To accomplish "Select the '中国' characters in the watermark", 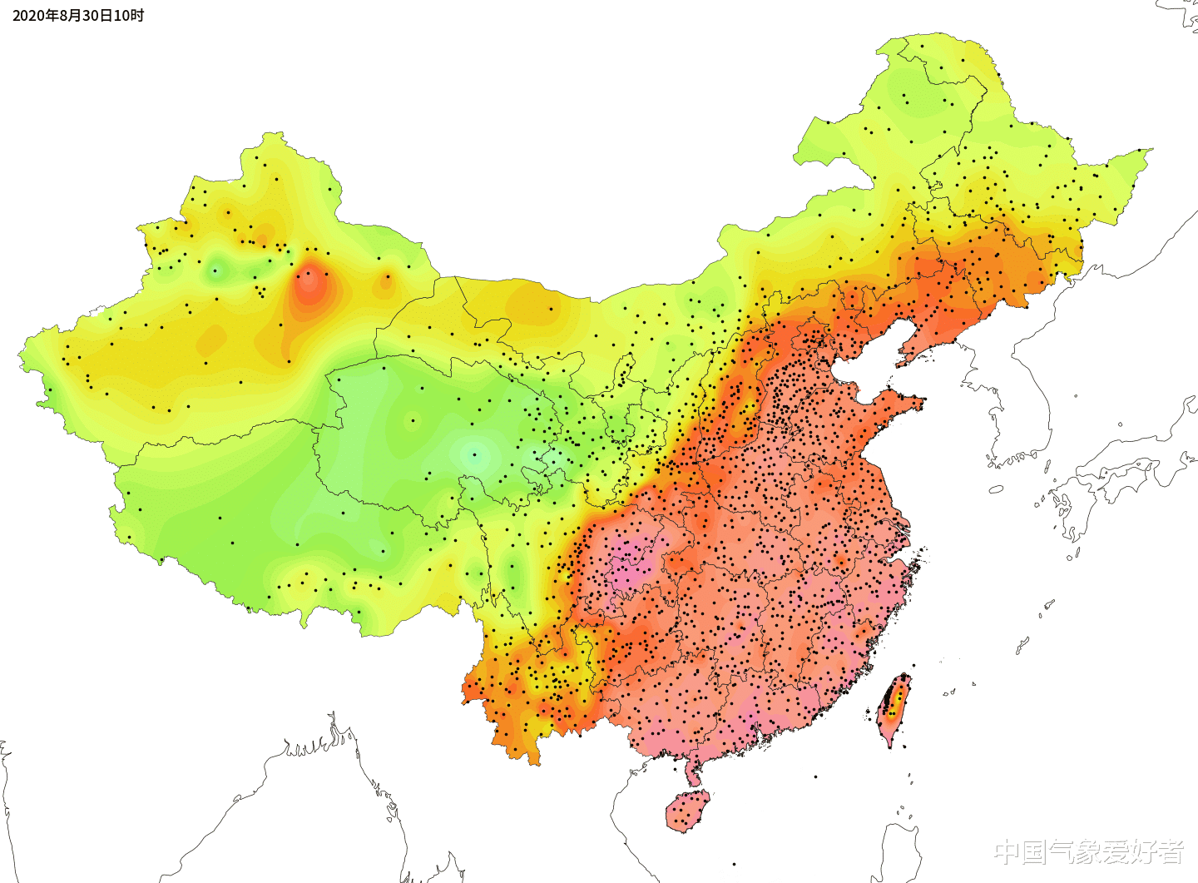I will (1019, 851).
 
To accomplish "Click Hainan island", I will (687, 811).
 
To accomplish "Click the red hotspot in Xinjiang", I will (309, 285).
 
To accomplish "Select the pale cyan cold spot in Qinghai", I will (475, 454).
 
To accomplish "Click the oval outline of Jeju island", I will (996, 489).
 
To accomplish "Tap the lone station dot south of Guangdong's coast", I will (815, 776).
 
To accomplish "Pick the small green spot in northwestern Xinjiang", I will (217, 270).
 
